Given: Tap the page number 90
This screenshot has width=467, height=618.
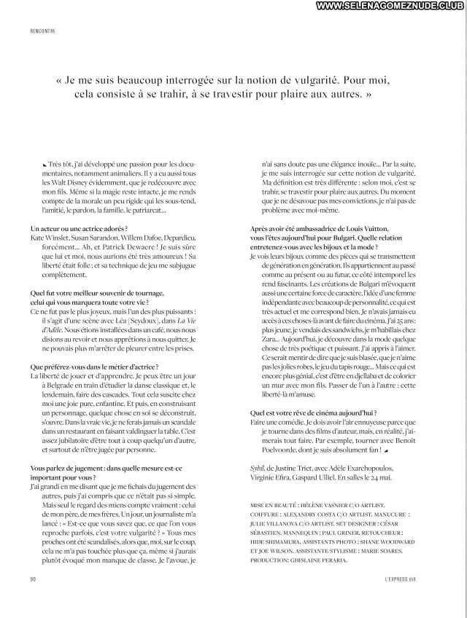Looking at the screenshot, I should (x=34, y=578).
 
